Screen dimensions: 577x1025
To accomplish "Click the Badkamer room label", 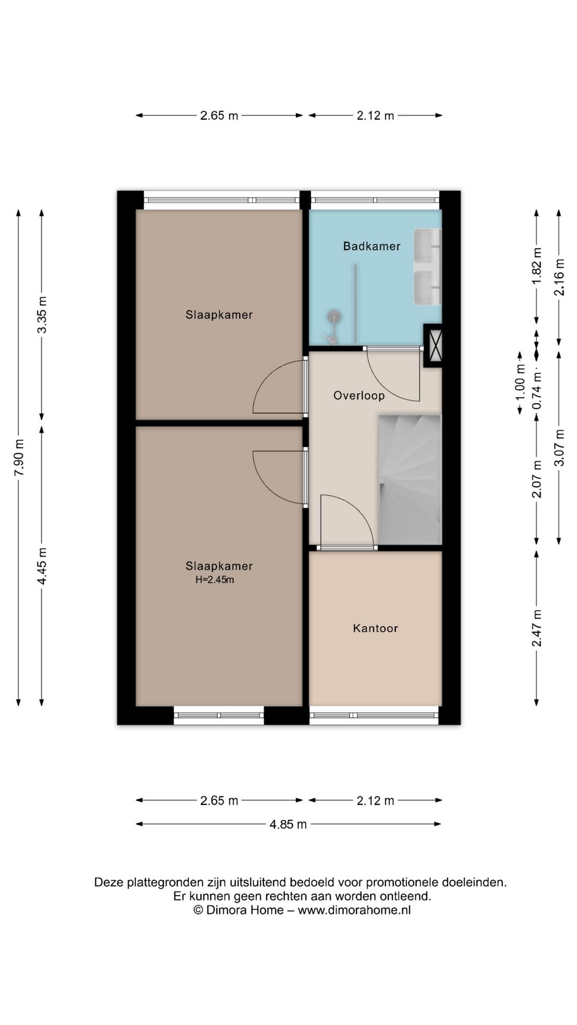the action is pyautogui.click(x=372, y=246).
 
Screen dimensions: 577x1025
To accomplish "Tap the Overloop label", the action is pyautogui.click(x=359, y=396).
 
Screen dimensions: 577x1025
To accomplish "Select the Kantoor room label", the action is pyautogui.click(x=376, y=628).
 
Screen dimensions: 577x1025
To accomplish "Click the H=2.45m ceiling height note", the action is pyautogui.click(x=215, y=580).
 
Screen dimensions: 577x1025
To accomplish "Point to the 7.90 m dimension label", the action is pyautogui.click(x=19, y=458).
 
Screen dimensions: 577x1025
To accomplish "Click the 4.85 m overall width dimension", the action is pyautogui.click(x=288, y=824).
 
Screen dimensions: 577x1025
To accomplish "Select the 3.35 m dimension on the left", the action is pyautogui.click(x=42, y=315).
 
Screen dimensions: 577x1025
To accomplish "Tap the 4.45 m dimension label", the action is pyautogui.click(x=42, y=566).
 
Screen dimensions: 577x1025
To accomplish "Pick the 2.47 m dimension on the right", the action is pyautogui.click(x=536, y=628).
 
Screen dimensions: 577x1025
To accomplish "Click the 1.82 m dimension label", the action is pyautogui.click(x=536, y=266).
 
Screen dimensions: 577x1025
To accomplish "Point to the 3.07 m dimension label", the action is pyautogui.click(x=559, y=448).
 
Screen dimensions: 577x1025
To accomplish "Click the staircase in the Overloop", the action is pyautogui.click(x=410, y=479).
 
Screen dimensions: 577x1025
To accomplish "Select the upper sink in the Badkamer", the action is pyautogui.click(x=428, y=246).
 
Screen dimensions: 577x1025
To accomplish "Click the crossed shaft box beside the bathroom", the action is pyautogui.click(x=433, y=345).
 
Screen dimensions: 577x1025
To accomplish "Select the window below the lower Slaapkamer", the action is pyautogui.click(x=219, y=715).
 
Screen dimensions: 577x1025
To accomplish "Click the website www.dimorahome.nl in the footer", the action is pyautogui.click(x=354, y=910).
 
